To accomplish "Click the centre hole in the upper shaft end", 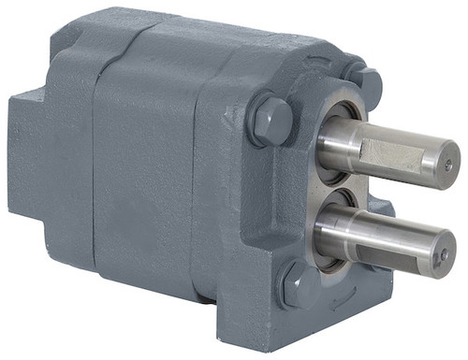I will coord(445,166).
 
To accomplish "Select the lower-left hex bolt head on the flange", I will coord(295,286).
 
